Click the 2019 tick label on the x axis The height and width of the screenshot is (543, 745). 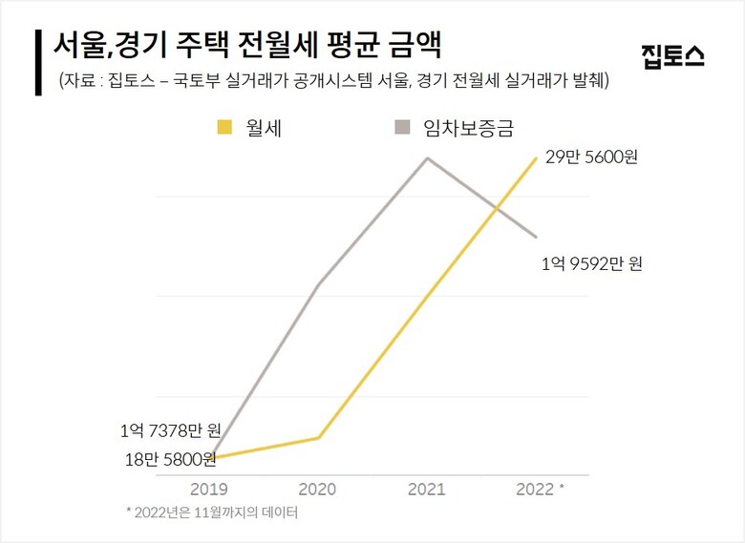tap(209, 489)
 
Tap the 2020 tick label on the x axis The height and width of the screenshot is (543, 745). tap(318, 489)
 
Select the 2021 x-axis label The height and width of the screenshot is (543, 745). tap(427, 489)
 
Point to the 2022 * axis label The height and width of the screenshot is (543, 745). tap(540, 489)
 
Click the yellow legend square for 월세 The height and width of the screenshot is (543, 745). tap(224, 126)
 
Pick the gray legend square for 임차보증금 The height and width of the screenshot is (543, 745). tap(402, 126)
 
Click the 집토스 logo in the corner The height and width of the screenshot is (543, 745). tap(674, 55)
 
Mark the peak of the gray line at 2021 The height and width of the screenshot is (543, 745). tap(428, 157)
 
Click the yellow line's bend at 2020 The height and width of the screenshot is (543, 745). tap(319, 438)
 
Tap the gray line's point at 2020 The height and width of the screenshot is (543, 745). tap(318, 284)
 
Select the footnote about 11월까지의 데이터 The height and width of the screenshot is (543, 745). tap(212, 512)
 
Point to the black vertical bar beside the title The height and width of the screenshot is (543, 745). tap(37, 62)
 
